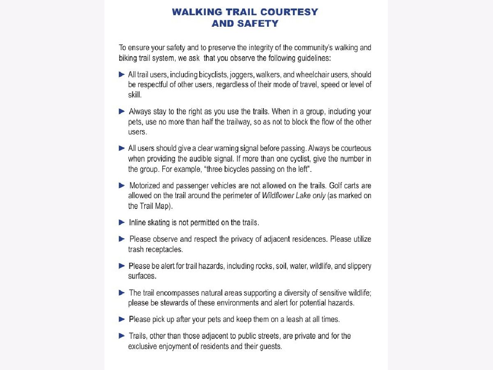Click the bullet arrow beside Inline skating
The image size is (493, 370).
(122, 222)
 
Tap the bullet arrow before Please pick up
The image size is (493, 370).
(122, 319)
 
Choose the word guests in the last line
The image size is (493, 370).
(270, 346)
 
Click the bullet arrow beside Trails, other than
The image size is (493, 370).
(122, 336)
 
